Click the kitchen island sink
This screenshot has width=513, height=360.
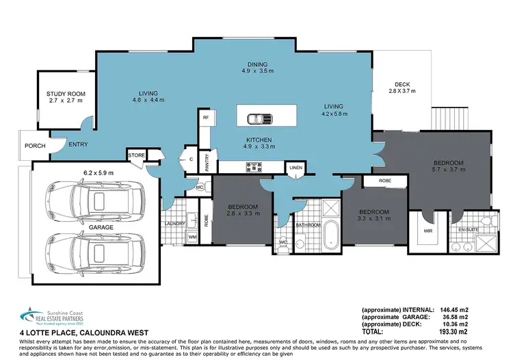click(x=259, y=119)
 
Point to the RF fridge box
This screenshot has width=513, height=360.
click(x=205, y=118)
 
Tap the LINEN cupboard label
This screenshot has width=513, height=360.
click(x=295, y=167)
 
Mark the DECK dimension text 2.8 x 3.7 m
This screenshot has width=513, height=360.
click(x=402, y=90)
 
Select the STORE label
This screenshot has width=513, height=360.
click(x=137, y=156)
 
